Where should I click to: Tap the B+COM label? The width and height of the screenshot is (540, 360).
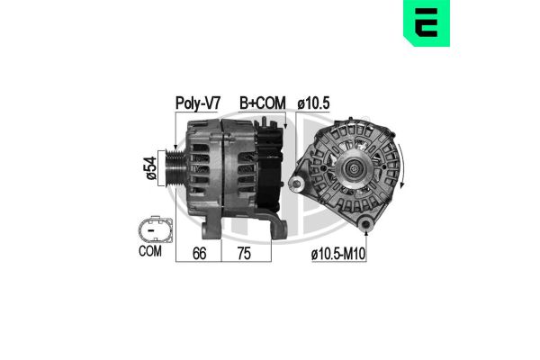pyautogui.click(x=262, y=103)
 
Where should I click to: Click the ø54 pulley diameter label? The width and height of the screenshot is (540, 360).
pyautogui.click(x=148, y=167)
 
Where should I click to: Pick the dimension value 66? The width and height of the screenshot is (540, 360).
pyautogui.click(x=200, y=254)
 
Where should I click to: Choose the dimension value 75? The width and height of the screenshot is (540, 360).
pyautogui.click(x=241, y=254)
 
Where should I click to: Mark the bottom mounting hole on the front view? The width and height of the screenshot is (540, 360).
pyautogui.click(x=365, y=220)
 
